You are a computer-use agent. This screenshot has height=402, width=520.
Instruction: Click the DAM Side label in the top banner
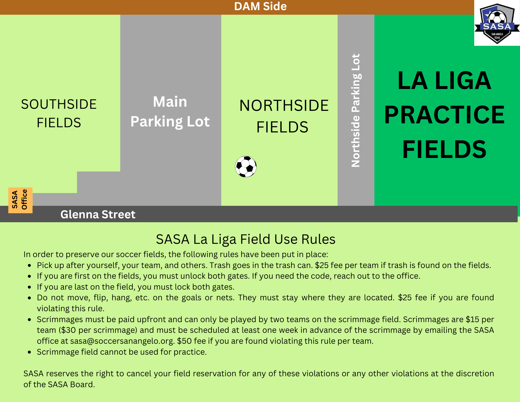tap(260, 7)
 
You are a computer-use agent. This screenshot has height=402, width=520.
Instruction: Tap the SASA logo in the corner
tap(497, 23)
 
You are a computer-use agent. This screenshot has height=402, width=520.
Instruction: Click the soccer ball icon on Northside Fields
tap(246, 167)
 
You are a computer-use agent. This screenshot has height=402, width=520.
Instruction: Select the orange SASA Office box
tap(20, 200)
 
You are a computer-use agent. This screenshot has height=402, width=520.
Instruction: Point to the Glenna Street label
tap(98, 214)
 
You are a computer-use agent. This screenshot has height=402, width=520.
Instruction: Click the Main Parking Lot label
tap(170, 111)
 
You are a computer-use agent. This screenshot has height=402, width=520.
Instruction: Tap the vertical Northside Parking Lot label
tap(356, 110)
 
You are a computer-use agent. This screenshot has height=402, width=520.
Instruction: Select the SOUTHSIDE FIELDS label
tap(59, 113)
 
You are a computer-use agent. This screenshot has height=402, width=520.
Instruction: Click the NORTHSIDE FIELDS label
tap(284, 116)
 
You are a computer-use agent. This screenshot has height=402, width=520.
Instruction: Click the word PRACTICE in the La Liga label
tap(444, 115)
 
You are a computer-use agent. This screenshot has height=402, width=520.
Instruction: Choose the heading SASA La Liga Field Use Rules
tap(246, 239)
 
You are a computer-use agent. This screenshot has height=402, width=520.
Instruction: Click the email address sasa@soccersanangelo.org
tap(122, 341)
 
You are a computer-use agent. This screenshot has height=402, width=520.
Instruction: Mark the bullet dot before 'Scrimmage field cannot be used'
tap(30, 352)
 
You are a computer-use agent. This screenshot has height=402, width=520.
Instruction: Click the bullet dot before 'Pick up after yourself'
tap(30, 266)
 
